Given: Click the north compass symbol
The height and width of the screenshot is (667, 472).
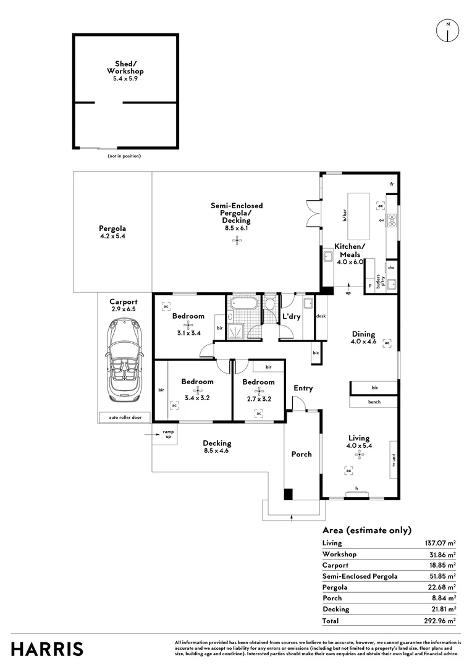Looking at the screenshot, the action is point(448,31).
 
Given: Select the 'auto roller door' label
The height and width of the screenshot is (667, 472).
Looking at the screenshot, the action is point(125,417).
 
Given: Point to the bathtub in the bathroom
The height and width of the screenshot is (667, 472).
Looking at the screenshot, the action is point(243,303).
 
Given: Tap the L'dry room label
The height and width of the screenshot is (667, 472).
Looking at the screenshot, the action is point(292,316).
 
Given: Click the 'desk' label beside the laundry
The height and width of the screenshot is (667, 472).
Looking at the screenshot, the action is point(321,316).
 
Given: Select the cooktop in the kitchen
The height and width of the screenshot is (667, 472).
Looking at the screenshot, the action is point(392,219).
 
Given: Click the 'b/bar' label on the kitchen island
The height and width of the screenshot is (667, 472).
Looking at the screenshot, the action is point(345,216).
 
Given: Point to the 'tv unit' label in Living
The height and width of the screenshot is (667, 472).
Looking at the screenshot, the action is point(394,460).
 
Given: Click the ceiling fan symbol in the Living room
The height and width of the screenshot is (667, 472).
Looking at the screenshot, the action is point(360,455).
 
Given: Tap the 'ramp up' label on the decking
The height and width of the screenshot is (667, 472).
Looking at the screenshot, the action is point(168,434).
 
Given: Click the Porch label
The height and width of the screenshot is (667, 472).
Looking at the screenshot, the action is point(301,455).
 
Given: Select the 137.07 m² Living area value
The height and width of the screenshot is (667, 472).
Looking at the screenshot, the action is point(440,543).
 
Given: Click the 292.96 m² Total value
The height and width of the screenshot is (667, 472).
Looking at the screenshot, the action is point(440,621).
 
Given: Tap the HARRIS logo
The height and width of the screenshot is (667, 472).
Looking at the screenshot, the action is point(47,650).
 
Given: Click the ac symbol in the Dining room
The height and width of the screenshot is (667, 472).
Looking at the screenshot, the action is point(387,343).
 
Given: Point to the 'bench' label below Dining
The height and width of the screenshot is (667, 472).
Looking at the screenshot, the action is point(374,402).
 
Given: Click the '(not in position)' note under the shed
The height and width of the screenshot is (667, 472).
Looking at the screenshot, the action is point(124,156).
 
